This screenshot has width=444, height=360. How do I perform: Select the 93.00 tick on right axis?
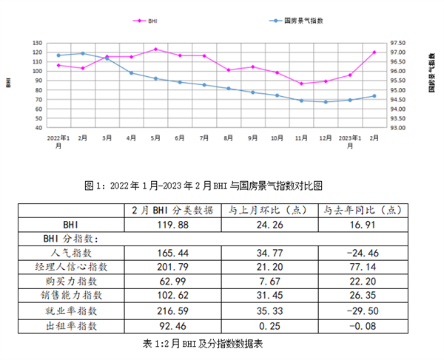397,128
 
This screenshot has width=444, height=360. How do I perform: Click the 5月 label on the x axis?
155,138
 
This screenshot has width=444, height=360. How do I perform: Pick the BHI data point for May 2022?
155,50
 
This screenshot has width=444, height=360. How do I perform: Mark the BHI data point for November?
301,84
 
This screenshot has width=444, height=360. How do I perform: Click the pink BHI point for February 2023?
374,52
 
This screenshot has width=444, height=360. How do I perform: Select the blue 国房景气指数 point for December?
326,102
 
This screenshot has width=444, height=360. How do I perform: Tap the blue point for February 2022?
83,53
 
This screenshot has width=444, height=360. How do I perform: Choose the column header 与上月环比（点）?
266,209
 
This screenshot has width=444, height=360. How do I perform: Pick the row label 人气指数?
76,253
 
